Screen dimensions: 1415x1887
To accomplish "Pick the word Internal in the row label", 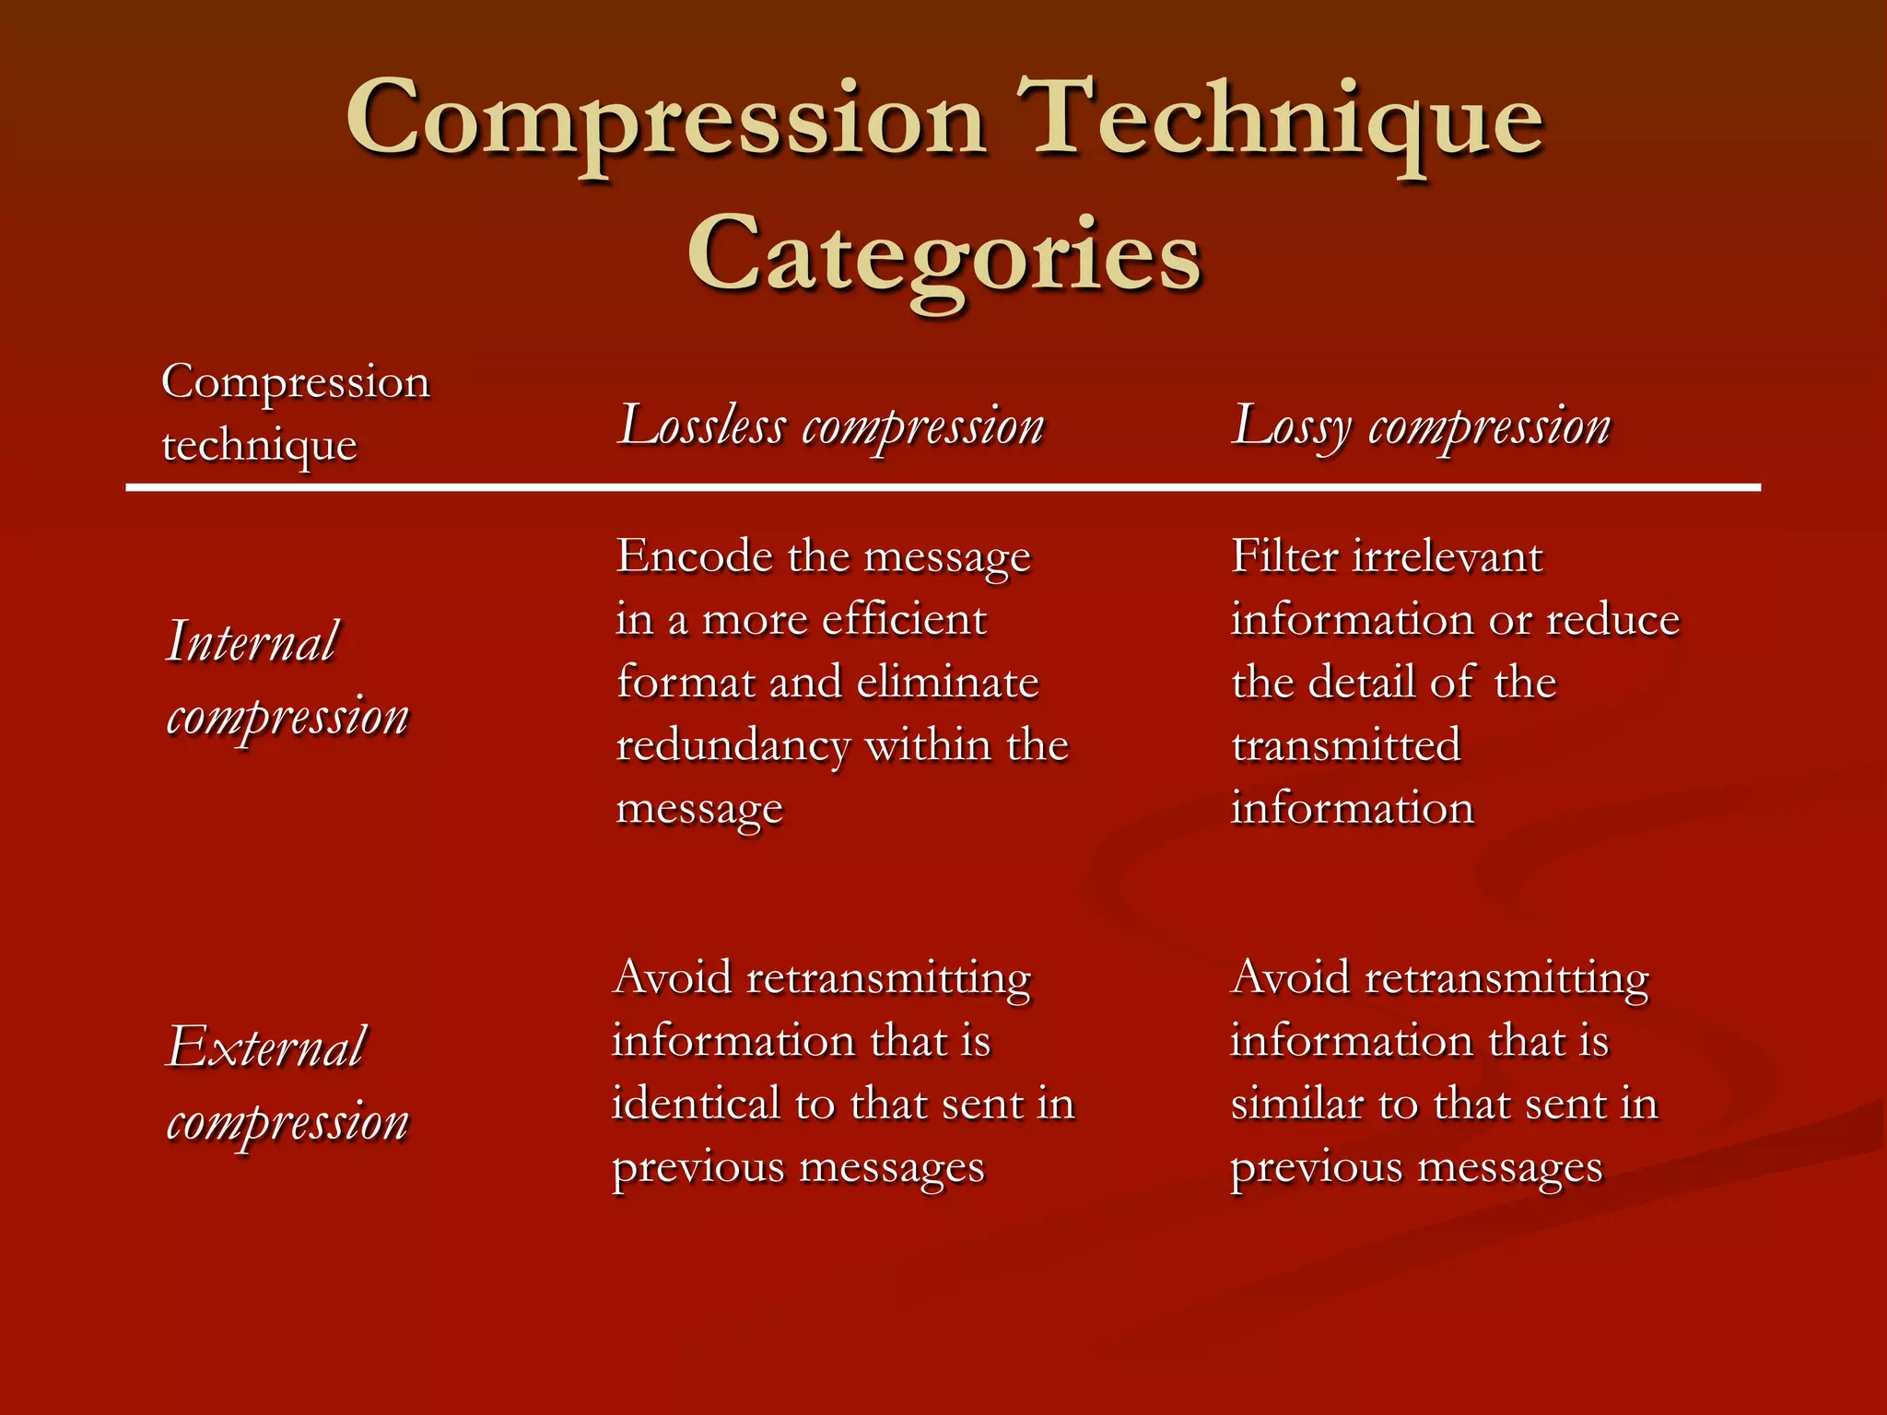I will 252,641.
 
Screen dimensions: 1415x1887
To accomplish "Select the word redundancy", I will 733,746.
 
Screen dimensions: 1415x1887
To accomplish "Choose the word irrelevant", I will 1447,556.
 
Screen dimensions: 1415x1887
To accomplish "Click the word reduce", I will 1612,619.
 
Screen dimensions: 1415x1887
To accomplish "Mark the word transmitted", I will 1346,745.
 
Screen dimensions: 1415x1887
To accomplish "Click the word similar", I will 1297,1104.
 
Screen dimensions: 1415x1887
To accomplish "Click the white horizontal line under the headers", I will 943,487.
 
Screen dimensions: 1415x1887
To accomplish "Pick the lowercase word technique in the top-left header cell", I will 259,445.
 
